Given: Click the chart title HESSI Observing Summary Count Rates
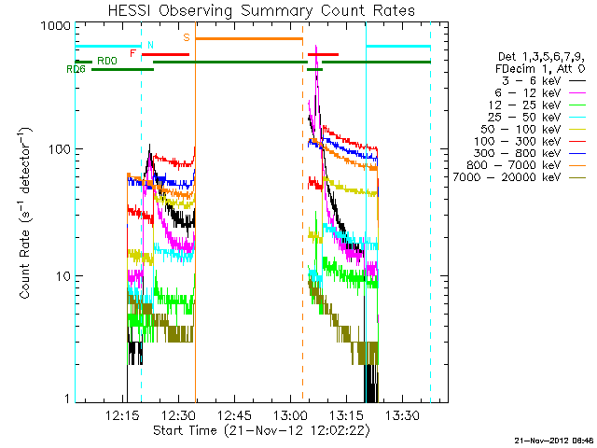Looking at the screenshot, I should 260,11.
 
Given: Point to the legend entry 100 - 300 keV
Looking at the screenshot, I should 527,143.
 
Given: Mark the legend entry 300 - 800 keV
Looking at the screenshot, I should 527,155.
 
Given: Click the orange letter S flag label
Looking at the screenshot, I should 187,38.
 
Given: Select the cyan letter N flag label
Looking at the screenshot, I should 149,45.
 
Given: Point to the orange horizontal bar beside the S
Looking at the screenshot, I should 248,39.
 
